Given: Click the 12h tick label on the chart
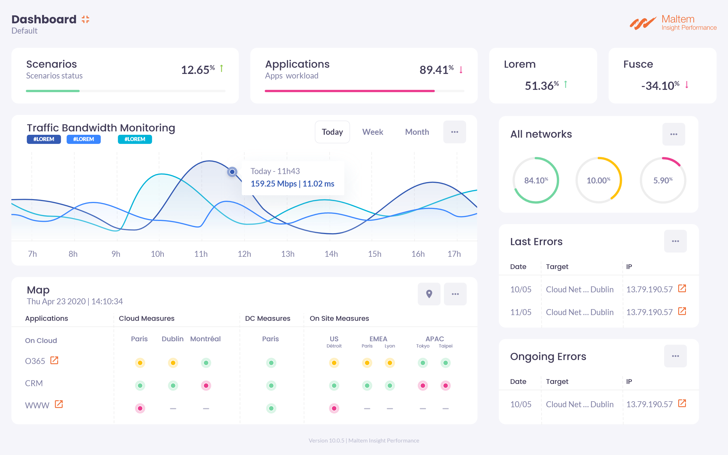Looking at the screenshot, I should pyautogui.click(x=244, y=254).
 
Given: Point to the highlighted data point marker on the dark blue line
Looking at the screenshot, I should pyautogui.click(x=232, y=172).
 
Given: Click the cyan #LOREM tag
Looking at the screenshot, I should pyautogui.click(x=135, y=139).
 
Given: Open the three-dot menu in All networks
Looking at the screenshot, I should pyautogui.click(x=674, y=134).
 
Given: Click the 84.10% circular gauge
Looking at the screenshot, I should pyautogui.click(x=536, y=180).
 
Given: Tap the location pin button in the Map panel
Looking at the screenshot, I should pyautogui.click(x=429, y=294).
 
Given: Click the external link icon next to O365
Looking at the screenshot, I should pyautogui.click(x=54, y=360).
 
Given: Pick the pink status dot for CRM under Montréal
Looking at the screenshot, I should pyautogui.click(x=206, y=386).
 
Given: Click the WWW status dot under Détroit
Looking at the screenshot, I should pyautogui.click(x=334, y=408).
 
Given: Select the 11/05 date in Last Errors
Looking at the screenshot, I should pyautogui.click(x=521, y=312).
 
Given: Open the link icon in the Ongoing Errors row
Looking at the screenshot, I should pyautogui.click(x=682, y=403).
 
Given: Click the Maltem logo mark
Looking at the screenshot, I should pyautogui.click(x=643, y=23).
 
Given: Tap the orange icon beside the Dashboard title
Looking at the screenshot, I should pyautogui.click(x=85, y=20).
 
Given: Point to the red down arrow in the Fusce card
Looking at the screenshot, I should pyautogui.click(x=687, y=84).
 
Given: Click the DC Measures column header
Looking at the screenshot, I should pyautogui.click(x=267, y=318).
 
